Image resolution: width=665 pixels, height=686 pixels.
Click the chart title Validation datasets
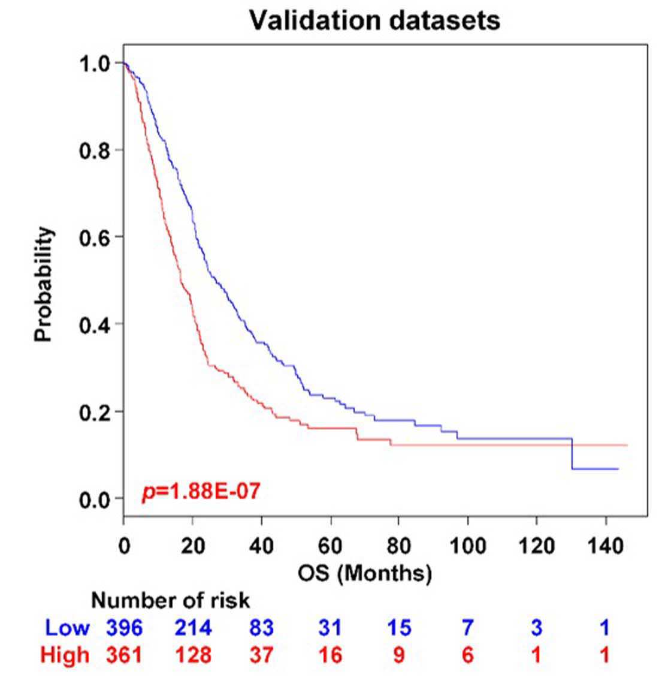[374, 20]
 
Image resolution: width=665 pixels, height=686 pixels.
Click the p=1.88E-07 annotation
[201, 491]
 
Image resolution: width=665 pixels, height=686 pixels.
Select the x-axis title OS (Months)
[365, 573]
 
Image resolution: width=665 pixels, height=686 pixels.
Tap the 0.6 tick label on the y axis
[95, 237]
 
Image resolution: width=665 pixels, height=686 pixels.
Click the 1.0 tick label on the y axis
[95, 64]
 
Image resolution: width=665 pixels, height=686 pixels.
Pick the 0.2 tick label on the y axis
[95, 412]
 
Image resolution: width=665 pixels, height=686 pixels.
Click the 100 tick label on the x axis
[468, 546]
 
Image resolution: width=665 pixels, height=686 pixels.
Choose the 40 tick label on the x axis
[261, 546]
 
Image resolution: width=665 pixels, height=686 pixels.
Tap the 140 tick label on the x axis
[606, 546]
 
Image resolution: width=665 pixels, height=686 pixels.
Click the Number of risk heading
[171, 601]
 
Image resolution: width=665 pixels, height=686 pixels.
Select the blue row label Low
[67, 628]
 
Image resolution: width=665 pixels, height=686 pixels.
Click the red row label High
[65, 655]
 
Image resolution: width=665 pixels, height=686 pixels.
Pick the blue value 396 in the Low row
[124, 628]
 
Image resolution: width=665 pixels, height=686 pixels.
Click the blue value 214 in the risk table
[194, 628]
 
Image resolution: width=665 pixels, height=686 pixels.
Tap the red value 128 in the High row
[194, 655]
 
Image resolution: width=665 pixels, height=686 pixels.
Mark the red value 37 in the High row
[261, 655]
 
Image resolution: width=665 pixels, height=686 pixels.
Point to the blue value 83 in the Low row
[261, 628]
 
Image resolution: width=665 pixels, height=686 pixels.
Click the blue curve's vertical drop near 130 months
[572, 454]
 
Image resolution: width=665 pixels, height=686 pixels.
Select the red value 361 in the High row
[124, 655]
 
